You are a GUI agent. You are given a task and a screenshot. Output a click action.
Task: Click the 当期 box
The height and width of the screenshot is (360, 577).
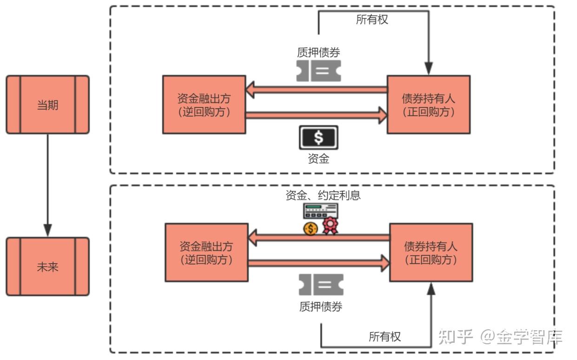click(x=47, y=105)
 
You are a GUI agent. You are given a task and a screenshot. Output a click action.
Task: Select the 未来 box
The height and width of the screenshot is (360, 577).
click(x=47, y=267)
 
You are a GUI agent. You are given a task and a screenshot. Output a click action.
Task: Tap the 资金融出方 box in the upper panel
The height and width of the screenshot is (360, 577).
click(x=204, y=105)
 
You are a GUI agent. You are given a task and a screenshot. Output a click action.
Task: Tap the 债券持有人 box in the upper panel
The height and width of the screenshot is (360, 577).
click(x=428, y=105)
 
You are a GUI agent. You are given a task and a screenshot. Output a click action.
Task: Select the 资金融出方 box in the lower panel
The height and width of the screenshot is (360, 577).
click(x=206, y=252)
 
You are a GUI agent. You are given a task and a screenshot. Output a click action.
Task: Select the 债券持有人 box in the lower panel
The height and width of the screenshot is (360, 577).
click(x=431, y=252)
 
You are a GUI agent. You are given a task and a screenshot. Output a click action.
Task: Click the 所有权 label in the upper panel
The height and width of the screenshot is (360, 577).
click(x=372, y=20)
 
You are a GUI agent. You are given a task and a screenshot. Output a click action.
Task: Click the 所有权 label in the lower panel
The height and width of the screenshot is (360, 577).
click(x=385, y=336)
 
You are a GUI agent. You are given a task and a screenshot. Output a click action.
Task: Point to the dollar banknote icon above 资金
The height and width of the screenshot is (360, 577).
click(x=318, y=138)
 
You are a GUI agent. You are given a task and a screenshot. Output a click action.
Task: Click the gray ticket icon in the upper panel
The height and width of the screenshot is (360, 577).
click(x=318, y=71)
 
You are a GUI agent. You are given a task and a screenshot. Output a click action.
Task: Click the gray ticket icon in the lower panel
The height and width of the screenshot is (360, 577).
click(x=321, y=285)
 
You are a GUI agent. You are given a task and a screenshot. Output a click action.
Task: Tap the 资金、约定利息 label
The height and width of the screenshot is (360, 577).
click(x=323, y=195)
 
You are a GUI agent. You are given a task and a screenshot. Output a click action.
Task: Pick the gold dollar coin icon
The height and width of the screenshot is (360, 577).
click(x=310, y=228)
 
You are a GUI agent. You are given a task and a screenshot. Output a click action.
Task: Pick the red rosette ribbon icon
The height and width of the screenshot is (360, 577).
click(x=330, y=227)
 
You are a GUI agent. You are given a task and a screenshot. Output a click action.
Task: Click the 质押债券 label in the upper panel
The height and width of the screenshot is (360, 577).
click(x=318, y=52)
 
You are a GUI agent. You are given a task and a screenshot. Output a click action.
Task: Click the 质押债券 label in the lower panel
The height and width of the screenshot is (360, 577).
click(x=321, y=307)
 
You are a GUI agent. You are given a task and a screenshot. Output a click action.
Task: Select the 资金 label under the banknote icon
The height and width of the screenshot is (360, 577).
click(x=318, y=159)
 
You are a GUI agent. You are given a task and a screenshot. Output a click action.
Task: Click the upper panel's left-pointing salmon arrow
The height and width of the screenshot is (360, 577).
click(x=316, y=89)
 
